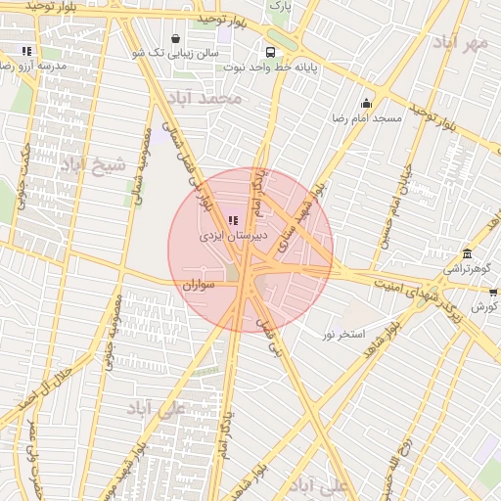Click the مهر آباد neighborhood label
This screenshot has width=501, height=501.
pos(461,43)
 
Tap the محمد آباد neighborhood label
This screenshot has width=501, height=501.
pos(204,98)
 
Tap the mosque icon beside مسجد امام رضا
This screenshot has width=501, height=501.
pos(367,103)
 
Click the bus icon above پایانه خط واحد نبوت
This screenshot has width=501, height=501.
pos(268,53)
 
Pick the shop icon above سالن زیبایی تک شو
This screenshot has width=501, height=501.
pos(175,39)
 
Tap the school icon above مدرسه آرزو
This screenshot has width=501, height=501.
pos(27,51)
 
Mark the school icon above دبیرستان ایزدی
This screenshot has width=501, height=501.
pos(232,221)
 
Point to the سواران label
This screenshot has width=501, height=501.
pos(198,284)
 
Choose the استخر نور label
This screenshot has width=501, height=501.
pos(342,335)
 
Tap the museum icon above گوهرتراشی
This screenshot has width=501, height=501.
pos(468,253)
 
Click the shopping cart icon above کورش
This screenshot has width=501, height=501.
pos(492,290)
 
